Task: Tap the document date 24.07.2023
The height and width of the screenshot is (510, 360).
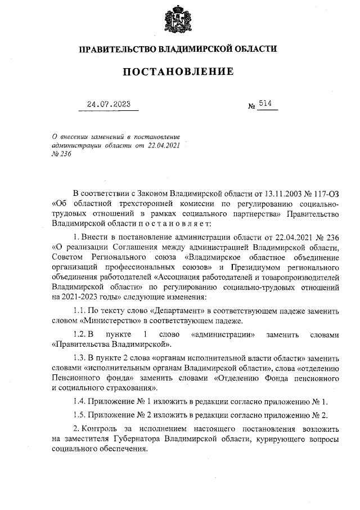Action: pos(109,104)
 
